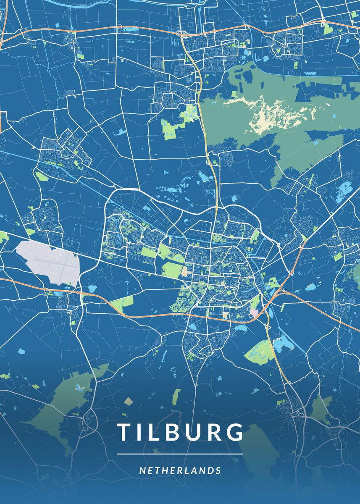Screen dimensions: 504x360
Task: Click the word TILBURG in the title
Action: click(180, 432)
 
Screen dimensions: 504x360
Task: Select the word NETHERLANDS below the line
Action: click(180, 470)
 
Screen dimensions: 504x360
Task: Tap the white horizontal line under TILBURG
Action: click(180, 454)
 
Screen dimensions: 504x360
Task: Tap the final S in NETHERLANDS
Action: click(218, 470)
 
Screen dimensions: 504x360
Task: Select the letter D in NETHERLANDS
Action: click(210, 470)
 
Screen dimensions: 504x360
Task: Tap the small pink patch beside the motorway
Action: click(254, 312)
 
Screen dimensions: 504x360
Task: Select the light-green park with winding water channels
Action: click(258, 350)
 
